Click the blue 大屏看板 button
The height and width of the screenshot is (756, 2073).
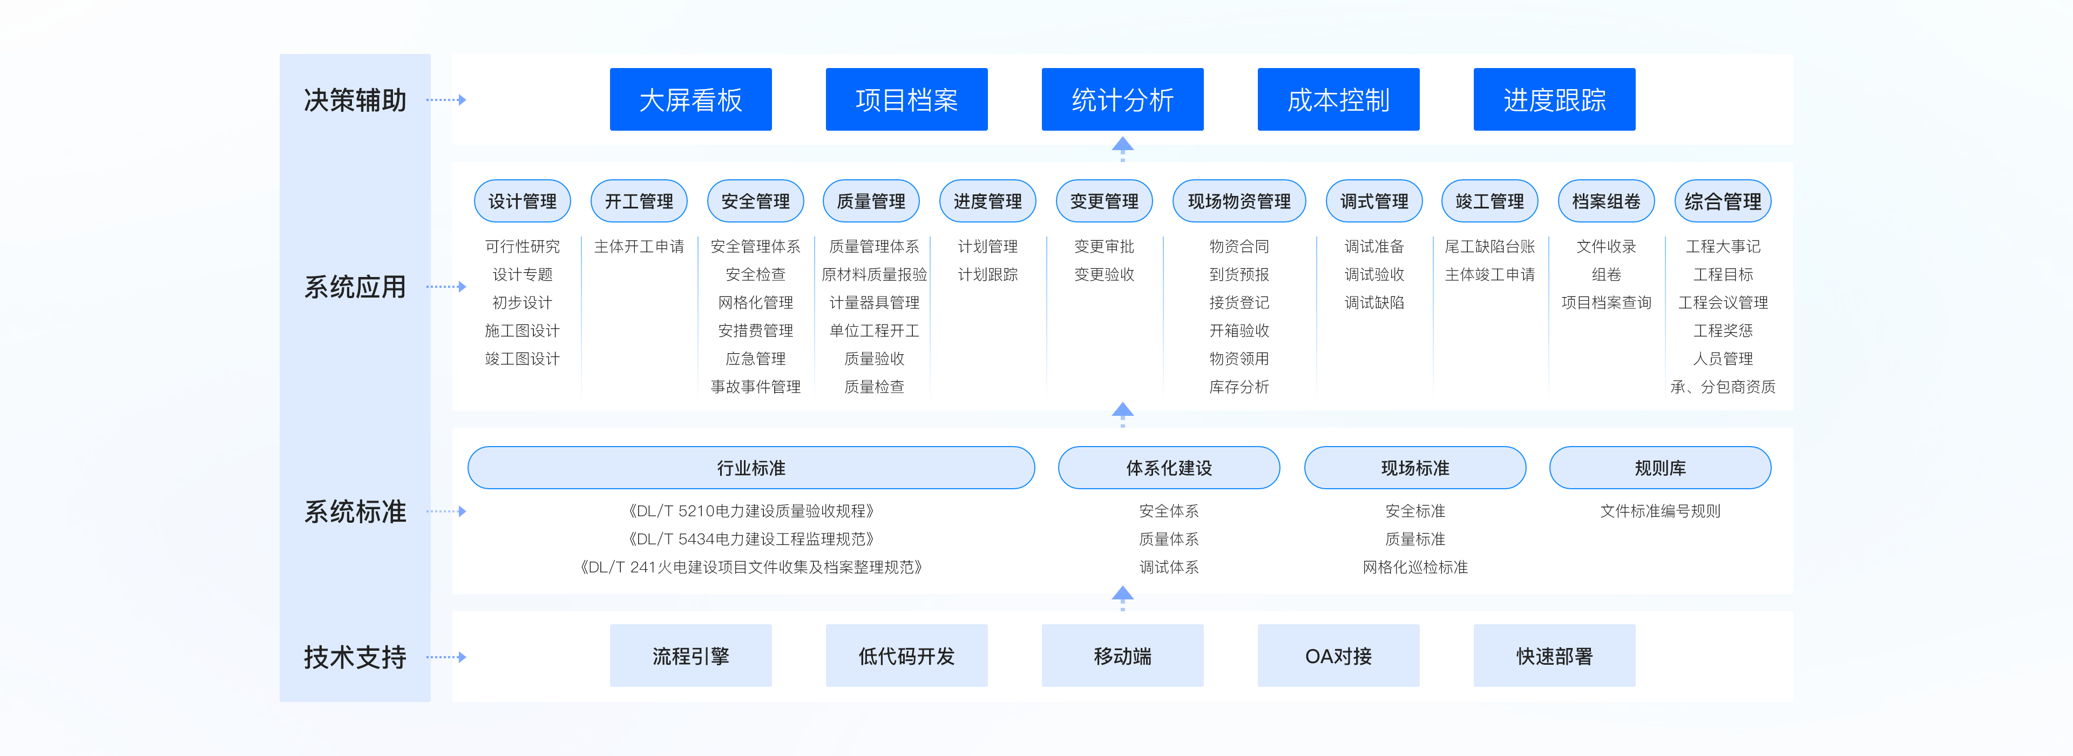coord(690,100)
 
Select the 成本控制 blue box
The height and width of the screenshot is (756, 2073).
coord(1338,100)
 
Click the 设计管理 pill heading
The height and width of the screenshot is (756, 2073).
coord(522,201)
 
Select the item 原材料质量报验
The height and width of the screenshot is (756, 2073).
coord(874,274)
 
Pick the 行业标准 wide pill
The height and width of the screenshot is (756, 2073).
coord(751,468)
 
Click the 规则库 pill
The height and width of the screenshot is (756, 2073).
coord(1659,468)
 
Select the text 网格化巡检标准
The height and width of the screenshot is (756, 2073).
coord(1415,568)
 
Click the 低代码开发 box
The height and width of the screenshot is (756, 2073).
coord(906,656)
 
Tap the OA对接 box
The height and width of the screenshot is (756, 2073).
coord(1338,656)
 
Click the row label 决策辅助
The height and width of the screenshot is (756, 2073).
coord(355,100)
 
